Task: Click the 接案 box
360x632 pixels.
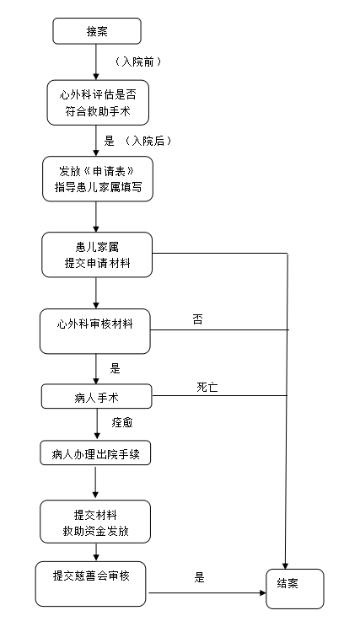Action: click(97, 31)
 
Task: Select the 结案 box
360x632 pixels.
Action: click(295, 588)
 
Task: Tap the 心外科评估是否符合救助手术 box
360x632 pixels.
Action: click(98, 102)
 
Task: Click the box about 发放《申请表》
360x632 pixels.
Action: click(98, 179)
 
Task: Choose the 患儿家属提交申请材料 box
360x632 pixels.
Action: click(97, 254)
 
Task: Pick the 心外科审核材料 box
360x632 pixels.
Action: click(95, 331)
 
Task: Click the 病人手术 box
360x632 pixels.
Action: click(97, 396)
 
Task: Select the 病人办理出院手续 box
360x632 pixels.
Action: click(95, 453)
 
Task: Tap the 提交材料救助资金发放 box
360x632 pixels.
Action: click(95, 522)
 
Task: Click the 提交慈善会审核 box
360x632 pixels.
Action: click(91, 584)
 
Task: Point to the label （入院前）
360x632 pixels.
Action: click(138, 62)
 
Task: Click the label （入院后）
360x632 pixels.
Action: click(148, 141)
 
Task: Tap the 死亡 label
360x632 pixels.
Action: click(207, 388)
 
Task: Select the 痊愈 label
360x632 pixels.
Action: click(122, 422)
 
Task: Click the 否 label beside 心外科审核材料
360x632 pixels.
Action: click(197, 320)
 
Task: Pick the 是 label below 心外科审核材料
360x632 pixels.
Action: click(116, 368)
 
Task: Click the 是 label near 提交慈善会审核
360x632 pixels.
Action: click(200, 577)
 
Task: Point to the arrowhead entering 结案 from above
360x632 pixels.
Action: click(286, 566)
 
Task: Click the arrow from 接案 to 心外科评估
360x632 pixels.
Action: click(96, 62)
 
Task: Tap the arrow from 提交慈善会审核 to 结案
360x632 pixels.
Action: click(207, 592)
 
